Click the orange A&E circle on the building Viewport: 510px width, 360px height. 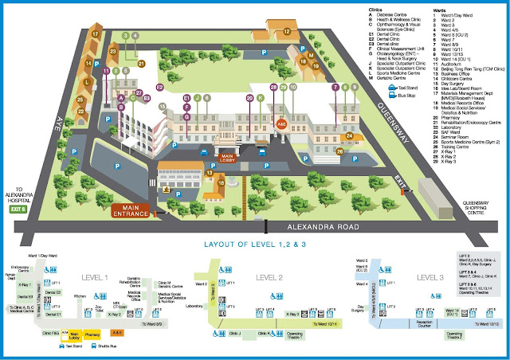tap(280, 124)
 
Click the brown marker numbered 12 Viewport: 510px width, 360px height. tap(288, 32)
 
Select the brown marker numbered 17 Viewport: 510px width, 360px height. tap(96, 34)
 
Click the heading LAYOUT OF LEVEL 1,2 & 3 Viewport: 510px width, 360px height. tap(254, 245)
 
